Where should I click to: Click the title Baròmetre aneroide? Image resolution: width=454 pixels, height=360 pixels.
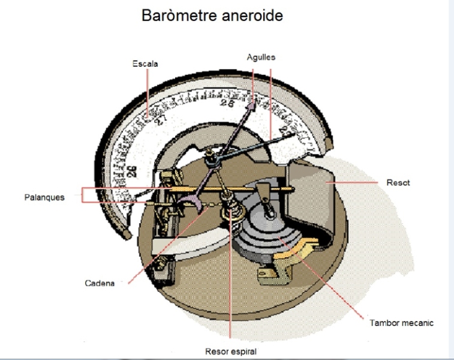click(x=212, y=16)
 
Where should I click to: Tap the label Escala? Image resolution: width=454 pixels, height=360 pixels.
click(x=145, y=64)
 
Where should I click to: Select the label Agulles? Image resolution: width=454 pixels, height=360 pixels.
click(x=261, y=57)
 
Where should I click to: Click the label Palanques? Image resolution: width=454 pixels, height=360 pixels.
click(x=44, y=197)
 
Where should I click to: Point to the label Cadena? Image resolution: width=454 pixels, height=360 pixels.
click(x=100, y=283)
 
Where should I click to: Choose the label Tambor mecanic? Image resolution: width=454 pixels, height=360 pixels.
click(x=401, y=323)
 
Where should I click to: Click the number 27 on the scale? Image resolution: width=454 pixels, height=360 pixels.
click(x=161, y=119)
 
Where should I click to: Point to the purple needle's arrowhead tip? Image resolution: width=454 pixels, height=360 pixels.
click(x=252, y=103)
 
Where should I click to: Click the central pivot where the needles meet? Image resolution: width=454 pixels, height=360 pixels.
click(x=211, y=160)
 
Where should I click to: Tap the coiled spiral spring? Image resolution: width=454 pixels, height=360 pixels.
click(x=230, y=209)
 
